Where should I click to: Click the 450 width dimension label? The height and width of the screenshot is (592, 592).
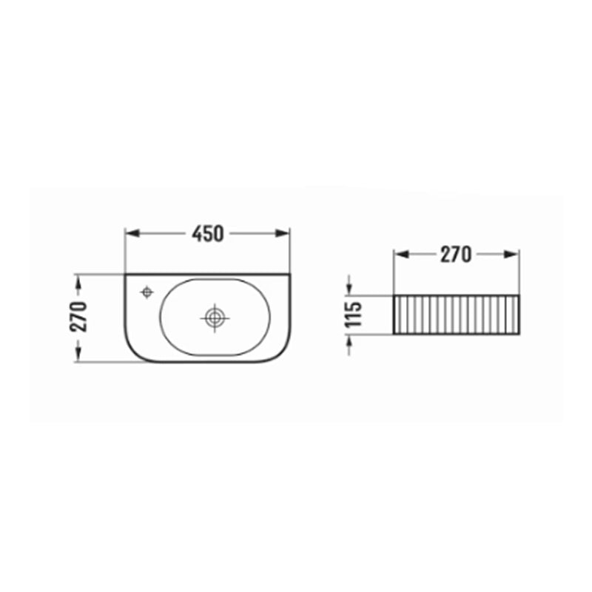tap(208, 234)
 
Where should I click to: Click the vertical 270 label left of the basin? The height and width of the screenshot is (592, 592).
tap(78, 317)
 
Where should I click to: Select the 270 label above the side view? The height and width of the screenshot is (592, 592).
tap(456, 255)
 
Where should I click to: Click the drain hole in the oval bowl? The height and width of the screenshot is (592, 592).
tap(215, 318)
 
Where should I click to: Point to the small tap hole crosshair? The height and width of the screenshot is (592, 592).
tap(147, 292)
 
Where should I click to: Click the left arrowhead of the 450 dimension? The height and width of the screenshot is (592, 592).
tap(132, 234)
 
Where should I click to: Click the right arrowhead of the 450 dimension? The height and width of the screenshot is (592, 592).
tap(283, 234)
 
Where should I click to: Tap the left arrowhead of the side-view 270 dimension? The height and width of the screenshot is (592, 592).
tap(401, 255)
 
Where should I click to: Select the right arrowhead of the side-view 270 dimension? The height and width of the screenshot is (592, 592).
tap(512, 255)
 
